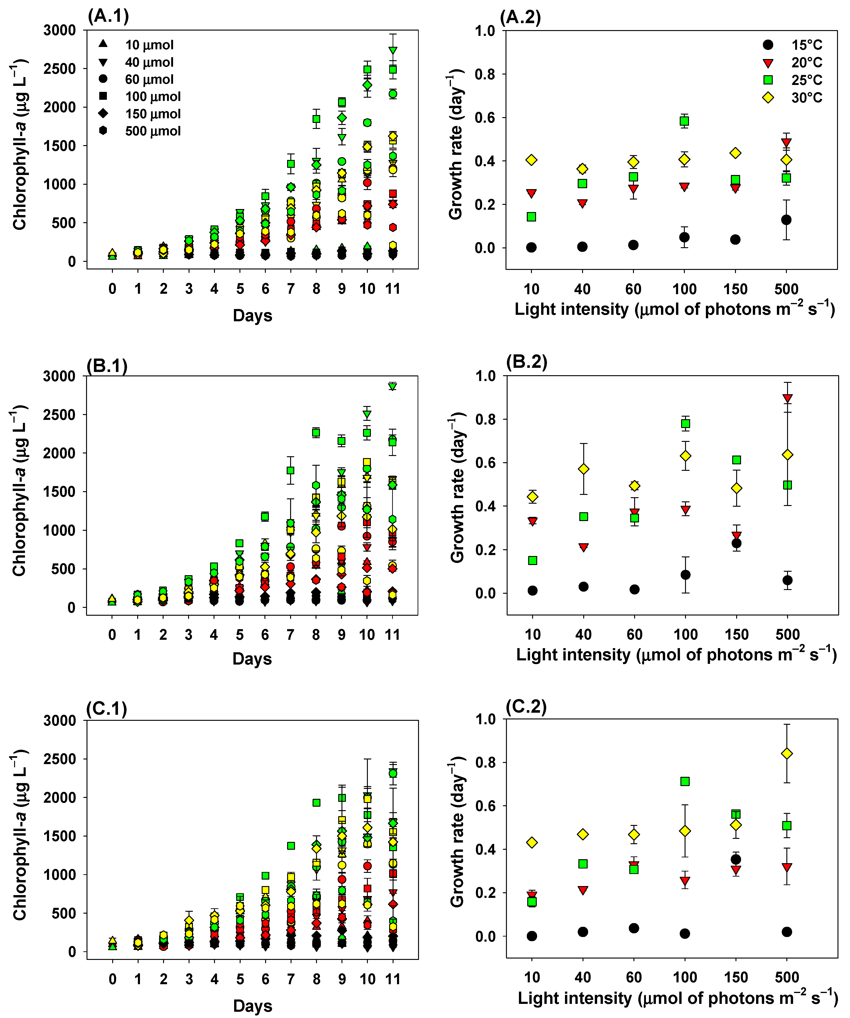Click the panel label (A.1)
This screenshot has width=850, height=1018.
point(108,16)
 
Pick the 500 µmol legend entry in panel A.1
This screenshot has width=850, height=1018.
point(140,131)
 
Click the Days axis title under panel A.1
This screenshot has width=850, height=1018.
point(252,315)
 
